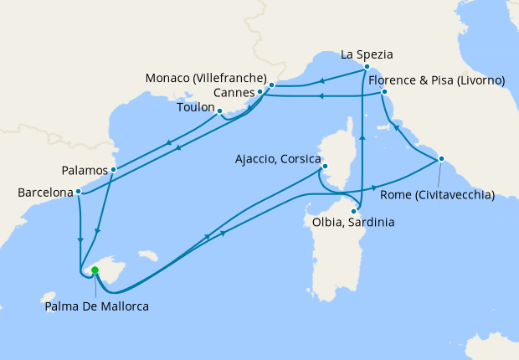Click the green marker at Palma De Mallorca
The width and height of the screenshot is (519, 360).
tap(95, 270)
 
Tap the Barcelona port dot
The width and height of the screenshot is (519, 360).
tap(78, 191)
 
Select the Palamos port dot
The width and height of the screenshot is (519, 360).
tap(113, 170)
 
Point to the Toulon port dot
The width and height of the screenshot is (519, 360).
tap(219, 111)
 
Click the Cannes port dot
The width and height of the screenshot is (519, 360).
tap(260, 91)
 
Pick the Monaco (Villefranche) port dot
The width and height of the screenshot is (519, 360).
tap(272, 85)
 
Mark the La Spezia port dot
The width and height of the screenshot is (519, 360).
tap(367, 66)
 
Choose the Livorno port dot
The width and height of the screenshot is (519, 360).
tap(383, 91)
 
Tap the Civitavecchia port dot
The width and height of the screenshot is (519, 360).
tap(441, 159)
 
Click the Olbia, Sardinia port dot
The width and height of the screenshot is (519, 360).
tap(353, 211)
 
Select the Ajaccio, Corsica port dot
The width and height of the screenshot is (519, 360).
tap(324, 167)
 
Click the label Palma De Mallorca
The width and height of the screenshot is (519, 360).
tap(96, 307)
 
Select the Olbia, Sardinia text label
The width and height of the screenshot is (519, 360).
tap(352, 224)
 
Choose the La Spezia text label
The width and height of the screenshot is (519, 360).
tap(367, 55)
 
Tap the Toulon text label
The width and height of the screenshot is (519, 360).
tap(196, 108)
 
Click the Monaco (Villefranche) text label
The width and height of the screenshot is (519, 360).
tap(206, 78)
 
